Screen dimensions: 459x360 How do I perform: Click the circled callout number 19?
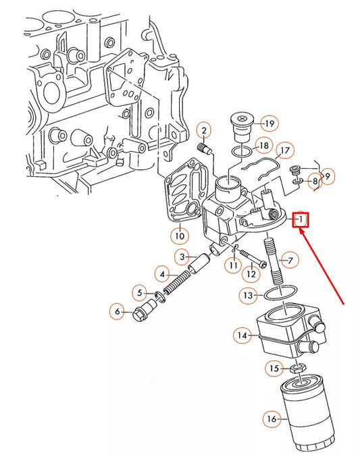coord(269,124)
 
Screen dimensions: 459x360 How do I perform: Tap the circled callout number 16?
coord(272,420)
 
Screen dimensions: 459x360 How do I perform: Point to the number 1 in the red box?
coord(301,219)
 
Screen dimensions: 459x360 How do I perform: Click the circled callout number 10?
coord(178,236)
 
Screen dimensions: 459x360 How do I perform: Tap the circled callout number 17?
coord(285,150)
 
